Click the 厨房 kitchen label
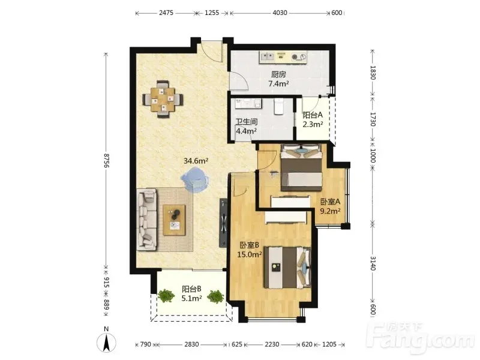tap(278, 74)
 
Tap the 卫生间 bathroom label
tap(247, 122)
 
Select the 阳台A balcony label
tap(313, 115)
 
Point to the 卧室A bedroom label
tap(331, 202)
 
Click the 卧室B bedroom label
tap(250, 245)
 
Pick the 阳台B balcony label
tap(191, 289)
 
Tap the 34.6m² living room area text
tap(196, 161)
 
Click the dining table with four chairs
tap(163, 99)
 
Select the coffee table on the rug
tap(174, 220)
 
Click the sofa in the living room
tap(146, 220)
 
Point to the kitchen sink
tap(268, 56)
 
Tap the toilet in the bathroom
tap(278, 106)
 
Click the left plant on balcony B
tap(166, 295)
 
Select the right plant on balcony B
tap(215, 296)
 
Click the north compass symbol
tap(106, 340)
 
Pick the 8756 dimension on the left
tap(106, 160)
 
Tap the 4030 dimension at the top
tap(280, 13)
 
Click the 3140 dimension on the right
tap(373, 263)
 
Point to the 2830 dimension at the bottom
tap(191, 344)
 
